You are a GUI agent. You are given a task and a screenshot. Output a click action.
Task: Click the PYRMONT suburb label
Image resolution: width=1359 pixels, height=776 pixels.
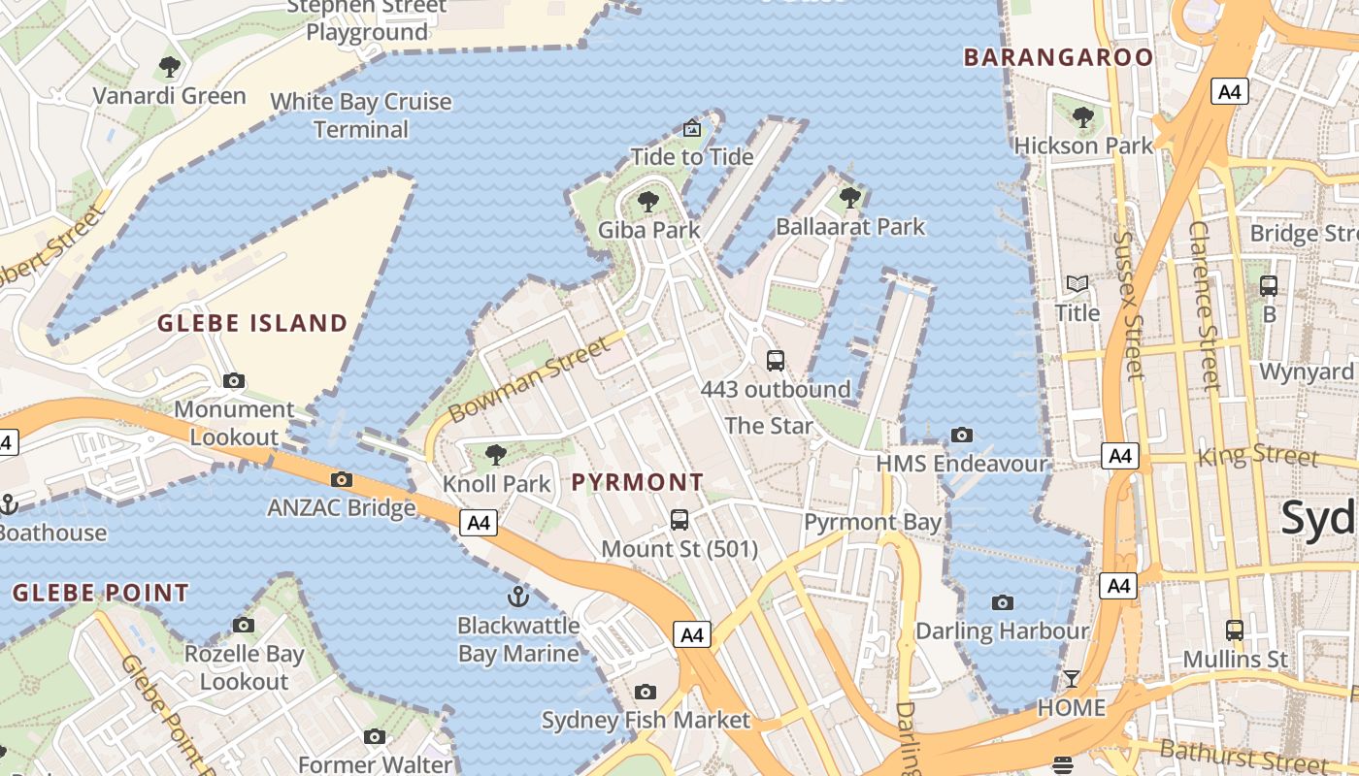coord(637,482)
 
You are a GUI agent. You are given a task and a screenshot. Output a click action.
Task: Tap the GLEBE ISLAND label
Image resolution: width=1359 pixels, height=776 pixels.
coord(252,323)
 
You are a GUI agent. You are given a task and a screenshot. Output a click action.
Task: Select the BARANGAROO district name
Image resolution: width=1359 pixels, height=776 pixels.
coord(1058,57)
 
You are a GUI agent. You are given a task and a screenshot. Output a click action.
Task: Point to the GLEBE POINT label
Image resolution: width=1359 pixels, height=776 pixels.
coord(101,593)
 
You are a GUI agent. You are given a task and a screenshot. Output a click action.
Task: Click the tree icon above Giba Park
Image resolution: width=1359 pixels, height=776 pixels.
coord(647,202)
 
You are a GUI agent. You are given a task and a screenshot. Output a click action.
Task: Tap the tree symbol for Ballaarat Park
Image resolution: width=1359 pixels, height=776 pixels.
coord(850,198)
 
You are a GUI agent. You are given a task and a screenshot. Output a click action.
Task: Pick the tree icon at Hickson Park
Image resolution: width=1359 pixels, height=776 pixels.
coord(1083,117)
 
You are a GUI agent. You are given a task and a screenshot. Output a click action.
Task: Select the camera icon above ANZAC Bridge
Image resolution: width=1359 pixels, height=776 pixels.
coord(341,479)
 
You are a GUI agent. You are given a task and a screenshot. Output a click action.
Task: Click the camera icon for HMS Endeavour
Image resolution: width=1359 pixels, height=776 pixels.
coord(962,435)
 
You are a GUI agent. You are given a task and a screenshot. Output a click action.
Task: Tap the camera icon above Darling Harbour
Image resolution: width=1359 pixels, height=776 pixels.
coord(1003,602)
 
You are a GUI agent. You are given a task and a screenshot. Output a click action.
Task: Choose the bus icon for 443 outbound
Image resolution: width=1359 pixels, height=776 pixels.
coord(775,361)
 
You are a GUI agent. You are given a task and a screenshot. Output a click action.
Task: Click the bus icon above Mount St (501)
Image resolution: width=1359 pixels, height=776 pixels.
coord(679,520)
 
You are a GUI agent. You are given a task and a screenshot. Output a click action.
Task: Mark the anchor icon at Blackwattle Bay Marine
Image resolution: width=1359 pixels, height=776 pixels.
coord(518,596)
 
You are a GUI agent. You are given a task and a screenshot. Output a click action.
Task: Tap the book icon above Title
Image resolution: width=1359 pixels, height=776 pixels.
coord(1077,284)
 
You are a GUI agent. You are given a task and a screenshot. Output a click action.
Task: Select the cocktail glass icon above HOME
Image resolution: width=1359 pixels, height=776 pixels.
coord(1072,678)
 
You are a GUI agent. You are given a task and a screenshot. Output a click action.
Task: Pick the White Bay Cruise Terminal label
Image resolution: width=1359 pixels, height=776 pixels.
coord(361,114)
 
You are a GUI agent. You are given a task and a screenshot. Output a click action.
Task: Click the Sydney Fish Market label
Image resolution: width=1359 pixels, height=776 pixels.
coord(646,720)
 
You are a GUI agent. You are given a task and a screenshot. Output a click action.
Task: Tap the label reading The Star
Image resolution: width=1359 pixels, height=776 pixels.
coord(769,425)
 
